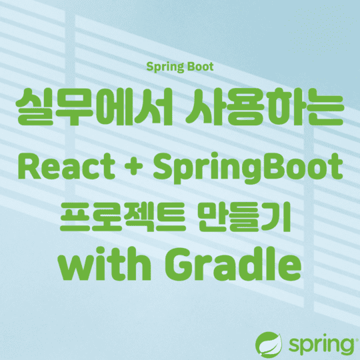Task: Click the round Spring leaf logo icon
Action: coord(271,344)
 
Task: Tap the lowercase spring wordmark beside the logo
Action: coord(319,345)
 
